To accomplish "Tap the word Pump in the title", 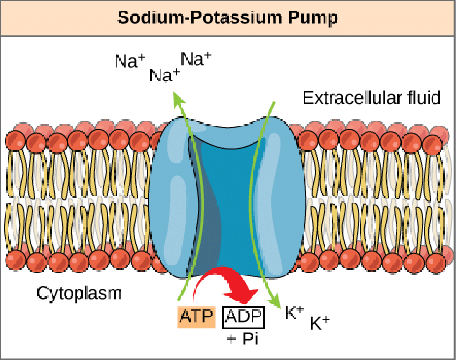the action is tap(313, 18).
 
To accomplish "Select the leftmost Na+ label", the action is tap(130, 61).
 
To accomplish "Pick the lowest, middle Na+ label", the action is tap(164, 76).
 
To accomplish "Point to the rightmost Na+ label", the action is tap(196, 59).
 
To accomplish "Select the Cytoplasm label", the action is tap(79, 293).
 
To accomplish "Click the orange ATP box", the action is tap(197, 317).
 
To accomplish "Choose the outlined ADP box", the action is tap(244, 317).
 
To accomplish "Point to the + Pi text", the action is tap(243, 338).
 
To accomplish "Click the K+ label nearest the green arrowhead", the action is tap(294, 313).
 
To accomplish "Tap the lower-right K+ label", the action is tap(320, 323).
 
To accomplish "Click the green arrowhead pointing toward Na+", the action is tap(179, 99).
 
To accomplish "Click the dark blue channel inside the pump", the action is tap(229, 203).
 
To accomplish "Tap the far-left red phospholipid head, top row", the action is tap(16, 140).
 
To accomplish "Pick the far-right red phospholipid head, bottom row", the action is tap(436, 263).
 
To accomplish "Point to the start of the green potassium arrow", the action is tap(275, 102).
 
